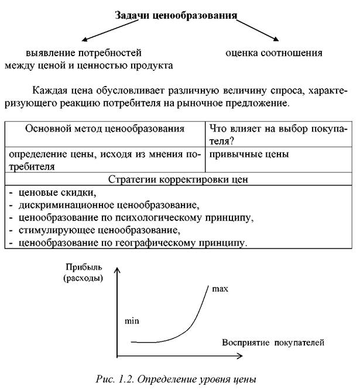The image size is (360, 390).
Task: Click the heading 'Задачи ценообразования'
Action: click(175, 15)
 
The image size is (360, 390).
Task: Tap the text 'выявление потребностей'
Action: click(84, 53)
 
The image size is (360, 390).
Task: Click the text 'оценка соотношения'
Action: click(274, 53)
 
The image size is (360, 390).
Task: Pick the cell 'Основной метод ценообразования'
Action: click(105, 129)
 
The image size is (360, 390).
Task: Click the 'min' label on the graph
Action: click(133, 321)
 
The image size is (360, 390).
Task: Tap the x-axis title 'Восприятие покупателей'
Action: click(273, 341)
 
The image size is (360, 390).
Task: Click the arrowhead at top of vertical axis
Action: click(118, 270)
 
